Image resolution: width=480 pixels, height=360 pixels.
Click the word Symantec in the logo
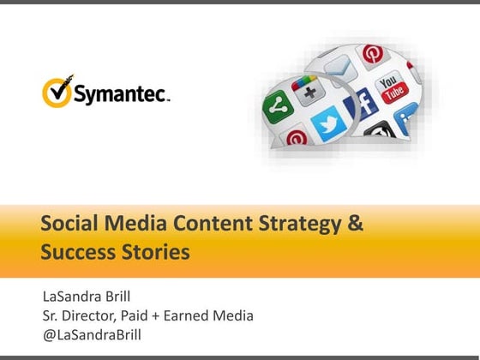(x=120, y=93)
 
